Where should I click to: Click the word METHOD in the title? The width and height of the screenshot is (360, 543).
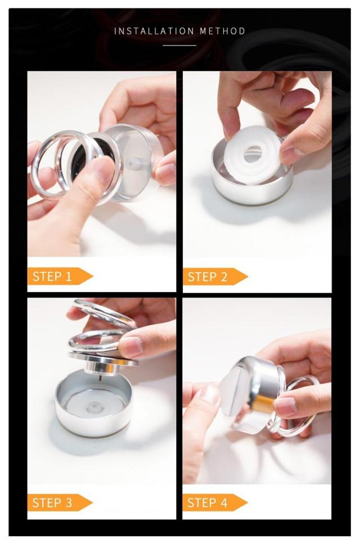coord(222,31)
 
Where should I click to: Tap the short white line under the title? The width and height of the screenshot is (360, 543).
coord(179,46)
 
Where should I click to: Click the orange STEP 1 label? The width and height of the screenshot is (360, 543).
coord(60,276)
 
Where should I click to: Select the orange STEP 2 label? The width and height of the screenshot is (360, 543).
coord(215,277)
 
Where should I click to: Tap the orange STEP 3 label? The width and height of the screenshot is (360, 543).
coord(60,502)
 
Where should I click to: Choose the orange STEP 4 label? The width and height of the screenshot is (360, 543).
coord(215,502)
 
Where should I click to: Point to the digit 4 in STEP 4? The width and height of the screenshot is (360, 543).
coord(223,502)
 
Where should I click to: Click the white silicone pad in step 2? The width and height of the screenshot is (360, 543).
coord(253,155)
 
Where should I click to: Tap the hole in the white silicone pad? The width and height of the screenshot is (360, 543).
coord(253,154)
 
